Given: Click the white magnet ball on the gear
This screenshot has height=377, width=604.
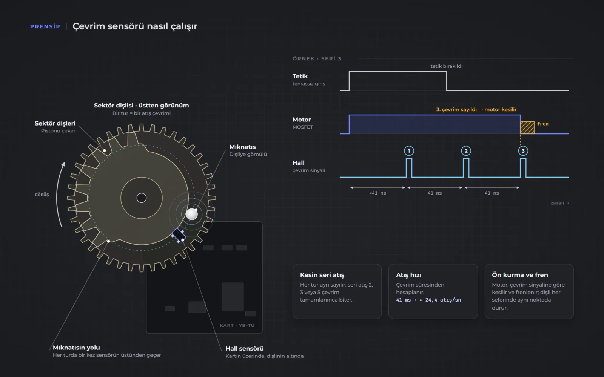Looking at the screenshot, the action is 192,215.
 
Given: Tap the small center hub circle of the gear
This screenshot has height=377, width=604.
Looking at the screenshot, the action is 142,198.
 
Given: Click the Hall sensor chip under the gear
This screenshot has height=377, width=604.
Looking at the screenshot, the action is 179,235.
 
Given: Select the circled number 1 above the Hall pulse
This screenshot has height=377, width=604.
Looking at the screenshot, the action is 409,151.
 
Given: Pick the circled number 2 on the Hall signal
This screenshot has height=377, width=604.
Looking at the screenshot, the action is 466,151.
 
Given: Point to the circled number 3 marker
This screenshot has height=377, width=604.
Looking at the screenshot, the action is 523,151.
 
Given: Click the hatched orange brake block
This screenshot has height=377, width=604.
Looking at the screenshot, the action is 527,128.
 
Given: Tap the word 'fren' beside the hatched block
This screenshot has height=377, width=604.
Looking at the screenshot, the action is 543,124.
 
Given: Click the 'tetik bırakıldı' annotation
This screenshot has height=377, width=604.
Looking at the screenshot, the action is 447,66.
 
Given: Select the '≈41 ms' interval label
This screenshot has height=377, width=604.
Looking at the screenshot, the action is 377,193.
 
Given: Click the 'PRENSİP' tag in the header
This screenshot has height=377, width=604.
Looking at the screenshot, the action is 45,26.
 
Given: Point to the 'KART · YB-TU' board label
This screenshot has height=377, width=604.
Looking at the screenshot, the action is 237,326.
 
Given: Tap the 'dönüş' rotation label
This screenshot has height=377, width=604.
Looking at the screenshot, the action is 42,195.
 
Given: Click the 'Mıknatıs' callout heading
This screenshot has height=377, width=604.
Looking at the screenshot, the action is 242,147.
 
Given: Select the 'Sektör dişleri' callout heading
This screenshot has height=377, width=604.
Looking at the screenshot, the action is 55,123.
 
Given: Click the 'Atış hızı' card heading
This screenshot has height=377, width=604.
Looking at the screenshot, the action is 408,275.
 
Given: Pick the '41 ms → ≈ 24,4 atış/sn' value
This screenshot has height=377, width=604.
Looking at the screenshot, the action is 428,300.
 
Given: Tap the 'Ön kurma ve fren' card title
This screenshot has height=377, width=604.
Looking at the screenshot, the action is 520,275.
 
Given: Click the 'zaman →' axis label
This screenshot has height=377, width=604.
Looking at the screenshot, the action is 560,203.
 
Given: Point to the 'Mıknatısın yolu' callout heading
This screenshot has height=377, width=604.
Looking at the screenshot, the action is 76,348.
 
